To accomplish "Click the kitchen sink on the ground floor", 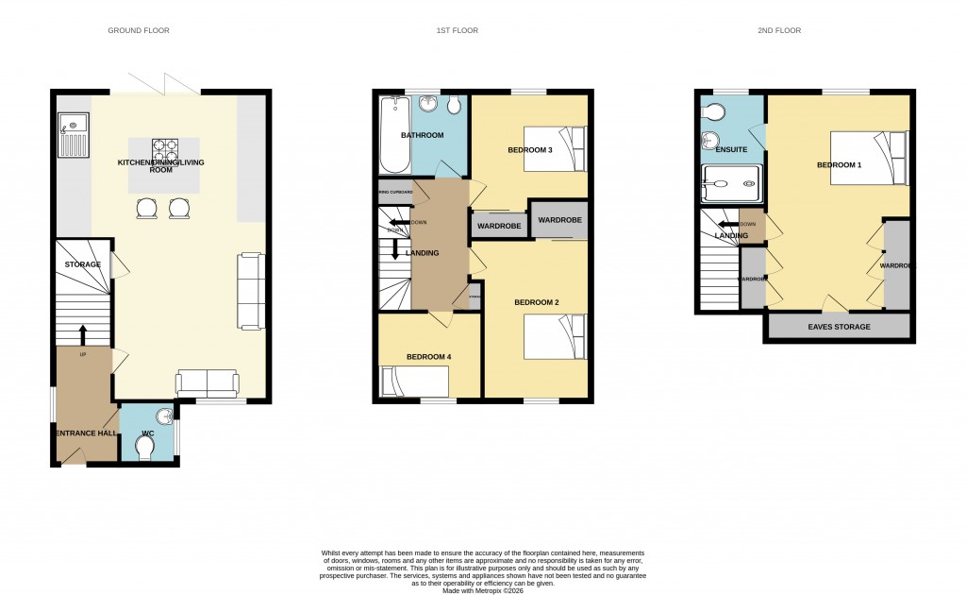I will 73,134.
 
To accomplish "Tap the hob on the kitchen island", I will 165,149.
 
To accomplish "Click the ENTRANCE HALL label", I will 86,433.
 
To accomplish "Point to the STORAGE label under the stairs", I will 82,264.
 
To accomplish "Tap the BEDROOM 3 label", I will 529,150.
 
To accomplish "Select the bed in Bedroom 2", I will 556,337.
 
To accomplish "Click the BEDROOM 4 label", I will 429,356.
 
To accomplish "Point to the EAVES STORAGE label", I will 839,327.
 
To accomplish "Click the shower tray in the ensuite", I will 731,184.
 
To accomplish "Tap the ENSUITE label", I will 731,149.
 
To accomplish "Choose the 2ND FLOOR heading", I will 778,31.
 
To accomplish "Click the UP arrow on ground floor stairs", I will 82,335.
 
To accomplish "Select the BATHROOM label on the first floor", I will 422,135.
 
